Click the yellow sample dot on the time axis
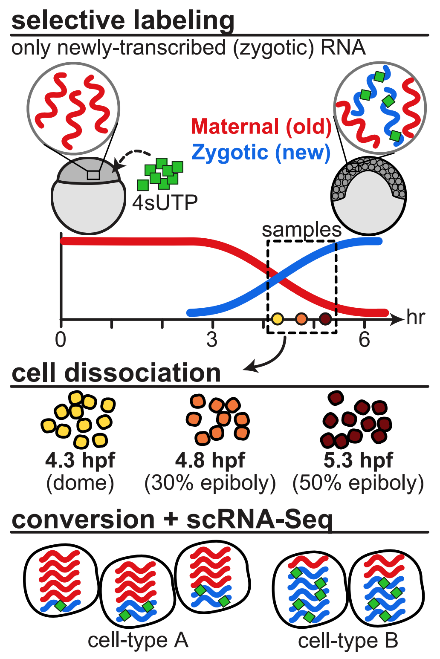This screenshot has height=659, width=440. [x=277, y=318]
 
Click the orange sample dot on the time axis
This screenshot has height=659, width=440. [x=301, y=318]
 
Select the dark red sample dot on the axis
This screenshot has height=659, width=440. [x=325, y=318]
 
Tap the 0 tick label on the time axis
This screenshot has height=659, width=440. [x=61, y=340]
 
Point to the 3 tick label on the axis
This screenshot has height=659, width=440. [x=212, y=340]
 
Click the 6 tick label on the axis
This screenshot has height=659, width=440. [x=364, y=340]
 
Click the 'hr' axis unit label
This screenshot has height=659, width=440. [x=416, y=318]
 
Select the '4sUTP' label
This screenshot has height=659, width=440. [x=165, y=203]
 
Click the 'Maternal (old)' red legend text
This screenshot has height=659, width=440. [x=261, y=127]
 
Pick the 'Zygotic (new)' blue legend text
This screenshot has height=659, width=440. [x=261, y=152]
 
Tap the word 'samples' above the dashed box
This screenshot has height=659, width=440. [x=301, y=230]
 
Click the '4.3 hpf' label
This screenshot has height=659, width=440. [x=80, y=460]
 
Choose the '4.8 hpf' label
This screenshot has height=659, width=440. [x=210, y=460]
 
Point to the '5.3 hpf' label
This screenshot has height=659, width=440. [x=358, y=460]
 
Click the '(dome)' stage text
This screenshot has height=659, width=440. [x=80, y=483]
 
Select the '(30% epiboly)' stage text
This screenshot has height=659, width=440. [x=210, y=483]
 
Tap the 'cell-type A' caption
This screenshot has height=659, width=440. [x=138, y=640]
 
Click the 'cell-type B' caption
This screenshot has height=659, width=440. [x=348, y=640]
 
